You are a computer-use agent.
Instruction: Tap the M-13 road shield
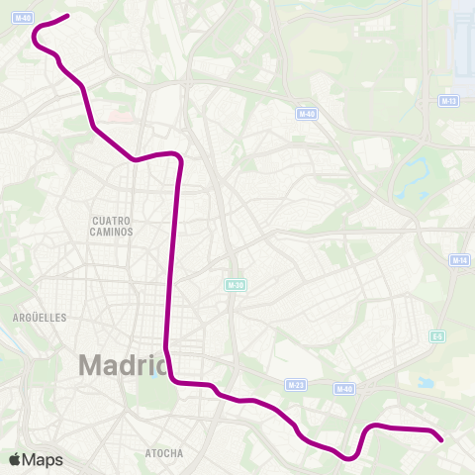click(448, 101)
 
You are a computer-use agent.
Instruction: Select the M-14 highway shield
click(459, 260)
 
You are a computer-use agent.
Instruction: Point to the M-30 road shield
click(234, 284)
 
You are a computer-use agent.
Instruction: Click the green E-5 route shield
click(436, 336)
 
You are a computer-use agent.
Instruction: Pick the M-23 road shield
click(295, 384)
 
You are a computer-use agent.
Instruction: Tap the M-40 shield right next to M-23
click(344, 389)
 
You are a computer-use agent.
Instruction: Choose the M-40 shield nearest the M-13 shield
click(307, 114)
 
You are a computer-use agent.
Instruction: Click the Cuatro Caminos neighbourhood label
click(112, 226)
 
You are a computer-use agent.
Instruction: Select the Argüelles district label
click(40, 318)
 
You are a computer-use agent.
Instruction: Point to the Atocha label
click(164, 453)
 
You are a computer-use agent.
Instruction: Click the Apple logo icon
click(15, 459)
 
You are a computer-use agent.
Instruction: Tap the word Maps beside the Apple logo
click(44, 459)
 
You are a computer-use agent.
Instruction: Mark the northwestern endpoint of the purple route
click(67, 15)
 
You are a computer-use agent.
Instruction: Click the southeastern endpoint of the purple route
click(442, 439)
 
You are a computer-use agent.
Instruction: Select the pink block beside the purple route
click(121, 117)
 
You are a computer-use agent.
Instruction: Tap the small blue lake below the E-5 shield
click(427, 382)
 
